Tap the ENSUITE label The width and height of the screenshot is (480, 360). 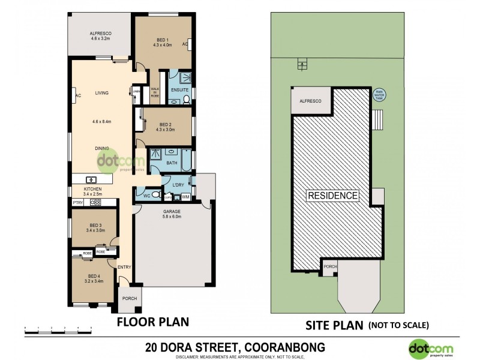pos(180,90)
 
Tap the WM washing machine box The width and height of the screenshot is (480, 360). pos(185,196)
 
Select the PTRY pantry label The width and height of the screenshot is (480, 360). pos(77,203)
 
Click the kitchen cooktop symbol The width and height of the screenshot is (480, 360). pos(95,203)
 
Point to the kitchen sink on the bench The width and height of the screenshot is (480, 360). pos(92,179)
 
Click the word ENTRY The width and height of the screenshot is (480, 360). pos(124,267)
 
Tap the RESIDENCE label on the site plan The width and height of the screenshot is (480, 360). pos(333,196)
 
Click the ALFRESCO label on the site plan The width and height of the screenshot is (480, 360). pos(310,101)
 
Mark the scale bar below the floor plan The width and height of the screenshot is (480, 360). pos(58,328)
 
